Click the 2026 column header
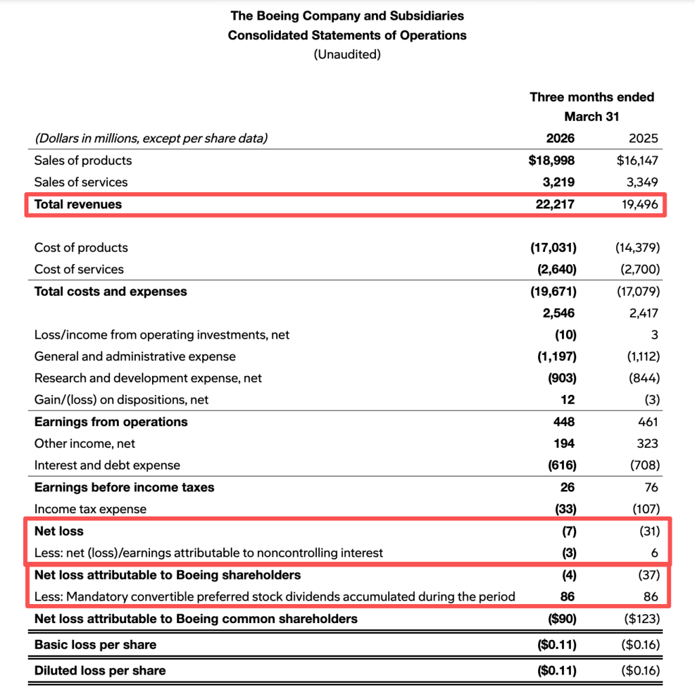[560, 138]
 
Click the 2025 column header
[643, 138]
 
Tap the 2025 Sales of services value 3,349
[639, 182]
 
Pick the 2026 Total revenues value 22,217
[555, 204]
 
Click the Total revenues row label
[78, 204]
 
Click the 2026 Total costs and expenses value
[553, 292]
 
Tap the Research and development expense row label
[148, 378]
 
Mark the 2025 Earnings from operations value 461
[647, 422]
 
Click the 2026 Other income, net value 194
[563, 444]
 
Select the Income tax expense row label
[90, 509]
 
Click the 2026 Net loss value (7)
[567, 531]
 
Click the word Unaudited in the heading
[347, 54]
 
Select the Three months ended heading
[592, 97]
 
